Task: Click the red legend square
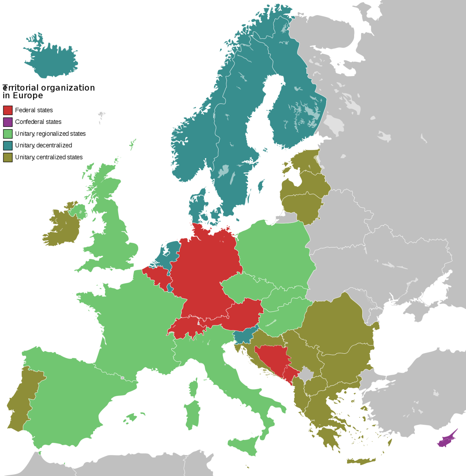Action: tap(8, 110)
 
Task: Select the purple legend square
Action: tap(8, 122)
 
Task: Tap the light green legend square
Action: tap(8, 134)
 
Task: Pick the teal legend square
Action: tap(8, 146)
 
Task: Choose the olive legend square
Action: tap(8, 157)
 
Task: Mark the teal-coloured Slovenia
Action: tap(243, 336)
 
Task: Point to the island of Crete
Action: tap(361, 461)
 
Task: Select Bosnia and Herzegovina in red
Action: tap(272, 357)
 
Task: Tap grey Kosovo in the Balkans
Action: tap(307, 375)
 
